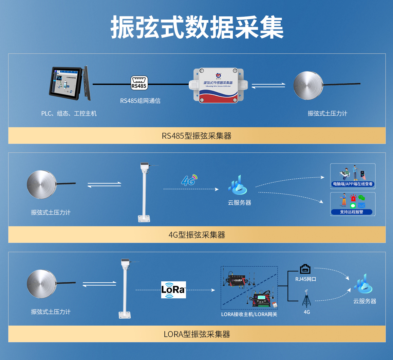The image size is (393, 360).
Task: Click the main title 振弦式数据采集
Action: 197,28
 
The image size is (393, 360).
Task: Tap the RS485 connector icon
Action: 139,83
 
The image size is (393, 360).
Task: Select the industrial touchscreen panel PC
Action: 70,83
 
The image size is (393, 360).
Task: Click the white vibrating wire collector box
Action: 218,85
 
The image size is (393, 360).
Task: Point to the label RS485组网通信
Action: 140,101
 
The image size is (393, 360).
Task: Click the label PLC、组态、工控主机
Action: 69,113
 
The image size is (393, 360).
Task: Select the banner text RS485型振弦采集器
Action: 196,136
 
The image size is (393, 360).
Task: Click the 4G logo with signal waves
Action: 189,180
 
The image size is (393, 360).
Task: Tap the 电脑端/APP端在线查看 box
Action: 353,176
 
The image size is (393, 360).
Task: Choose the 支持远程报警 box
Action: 353,204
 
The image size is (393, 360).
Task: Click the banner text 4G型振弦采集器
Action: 196,235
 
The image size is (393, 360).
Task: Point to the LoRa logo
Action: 173,290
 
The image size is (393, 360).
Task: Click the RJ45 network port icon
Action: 305,269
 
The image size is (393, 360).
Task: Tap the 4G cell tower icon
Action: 307,298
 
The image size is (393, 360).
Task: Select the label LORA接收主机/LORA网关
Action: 249,314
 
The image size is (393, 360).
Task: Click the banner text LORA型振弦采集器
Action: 196,334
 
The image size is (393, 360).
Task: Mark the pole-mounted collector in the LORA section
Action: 125,289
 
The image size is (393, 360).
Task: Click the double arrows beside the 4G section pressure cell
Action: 104,185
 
